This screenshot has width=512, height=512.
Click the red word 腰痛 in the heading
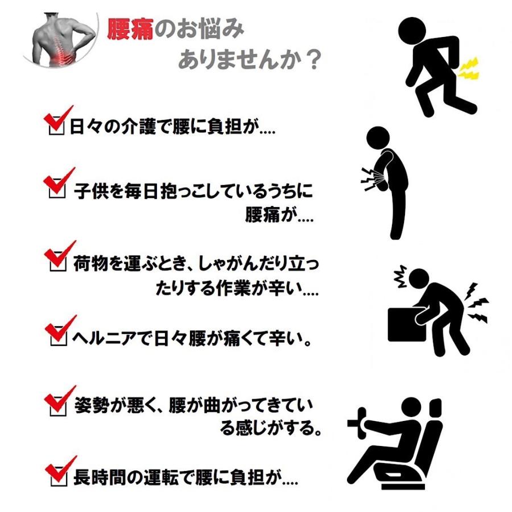click(130, 29)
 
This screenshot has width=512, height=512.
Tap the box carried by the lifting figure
click(404, 324)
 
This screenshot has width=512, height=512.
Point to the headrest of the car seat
click(436, 408)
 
